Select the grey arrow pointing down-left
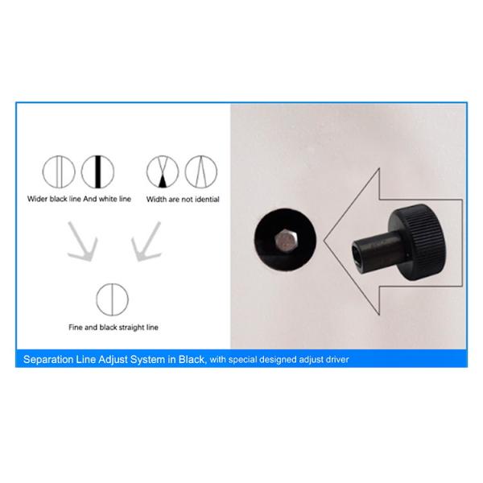point(146,242)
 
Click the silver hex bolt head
point(286,240)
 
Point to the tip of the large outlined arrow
point(324,241)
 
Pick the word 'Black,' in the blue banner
point(192,360)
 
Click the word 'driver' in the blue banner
point(336,360)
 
